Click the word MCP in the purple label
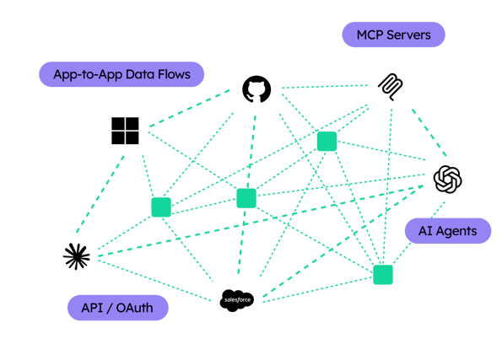(370, 35)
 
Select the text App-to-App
(88, 74)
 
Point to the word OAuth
(134, 308)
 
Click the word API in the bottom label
(92, 308)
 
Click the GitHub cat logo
(256, 89)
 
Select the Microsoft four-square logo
(125, 131)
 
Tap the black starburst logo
(77, 256)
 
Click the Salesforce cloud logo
(237, 300)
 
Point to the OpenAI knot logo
(447, 180)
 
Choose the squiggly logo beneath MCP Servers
(391, 87)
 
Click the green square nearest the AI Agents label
(383, 275)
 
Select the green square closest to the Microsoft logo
(161, 207)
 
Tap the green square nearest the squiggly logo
(327, 141)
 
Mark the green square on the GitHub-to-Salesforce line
(246, 198)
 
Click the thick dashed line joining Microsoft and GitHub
(190, 109)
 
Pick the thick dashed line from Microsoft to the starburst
(100, 194)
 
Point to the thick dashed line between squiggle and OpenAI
(429, 132)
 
